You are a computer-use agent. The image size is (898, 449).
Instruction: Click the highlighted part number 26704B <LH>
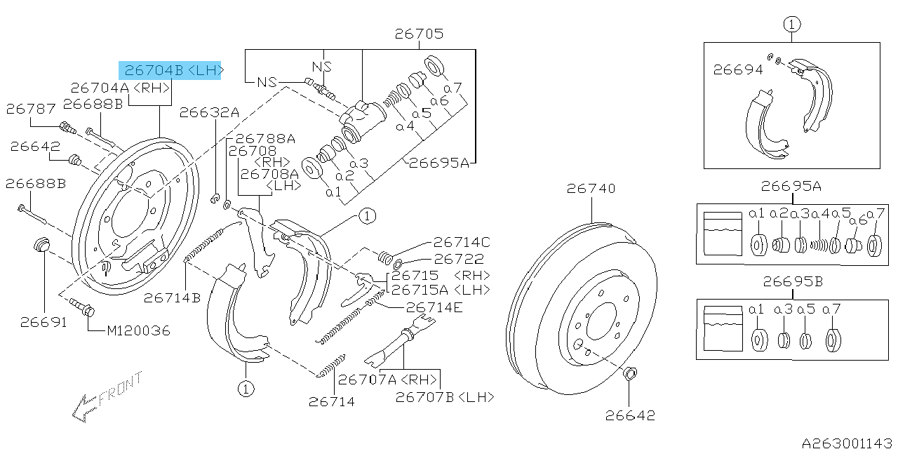tap(170, 69)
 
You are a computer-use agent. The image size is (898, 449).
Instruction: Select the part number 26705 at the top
tap(419, 34)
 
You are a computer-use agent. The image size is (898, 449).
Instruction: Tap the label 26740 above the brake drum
tap(591, 188)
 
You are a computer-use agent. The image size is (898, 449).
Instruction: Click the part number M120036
tap(138, 330)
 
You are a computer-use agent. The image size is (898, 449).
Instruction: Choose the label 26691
tap(43, 322)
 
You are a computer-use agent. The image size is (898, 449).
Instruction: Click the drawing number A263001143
tap(848, 443)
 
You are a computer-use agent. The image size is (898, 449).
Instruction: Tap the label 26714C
tap(461, 242)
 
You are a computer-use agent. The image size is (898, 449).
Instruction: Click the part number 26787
tap(30, 109)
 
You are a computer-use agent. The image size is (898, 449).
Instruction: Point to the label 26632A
tap(209, 112)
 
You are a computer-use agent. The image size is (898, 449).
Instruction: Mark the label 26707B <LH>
tap(444, 397)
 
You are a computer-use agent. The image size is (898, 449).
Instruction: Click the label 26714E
tap(434, 307)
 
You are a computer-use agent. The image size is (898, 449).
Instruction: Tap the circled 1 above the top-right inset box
tap(791, 25)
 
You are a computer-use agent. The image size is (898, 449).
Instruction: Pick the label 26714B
tap(172, 297)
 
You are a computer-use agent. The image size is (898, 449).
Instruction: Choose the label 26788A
tap(265, 139)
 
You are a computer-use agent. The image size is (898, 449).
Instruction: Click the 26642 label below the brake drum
tap(630, 415)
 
